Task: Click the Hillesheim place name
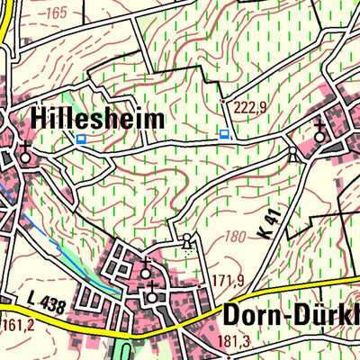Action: (x=98, y=118)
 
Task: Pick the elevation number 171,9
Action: (x=229, y=281)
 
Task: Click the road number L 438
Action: (x=45, y=306)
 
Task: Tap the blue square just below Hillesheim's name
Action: (x=82, y=139)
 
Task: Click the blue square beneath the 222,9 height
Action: (x=224, y=133)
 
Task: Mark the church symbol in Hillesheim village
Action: (x=26, y=155)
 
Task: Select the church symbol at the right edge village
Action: (x=320, y=135)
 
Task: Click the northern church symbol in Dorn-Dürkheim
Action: (x=148, y=270)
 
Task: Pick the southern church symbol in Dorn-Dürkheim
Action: (x=152, y=293)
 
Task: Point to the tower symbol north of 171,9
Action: (x=186, y=241)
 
